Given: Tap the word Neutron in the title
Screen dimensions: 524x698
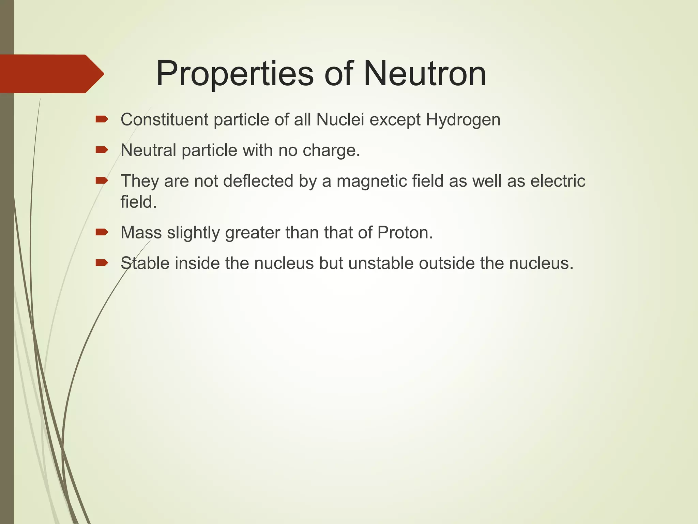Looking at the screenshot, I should (x=425, y=74).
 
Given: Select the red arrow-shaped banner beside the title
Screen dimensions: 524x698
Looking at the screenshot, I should (x=51, y=74).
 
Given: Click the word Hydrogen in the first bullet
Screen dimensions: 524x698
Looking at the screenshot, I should (x=463, y=120).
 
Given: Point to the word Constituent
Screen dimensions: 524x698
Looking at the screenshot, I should (x=164, y=120).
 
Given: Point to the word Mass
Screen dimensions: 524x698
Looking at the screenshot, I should (x=141, y=233).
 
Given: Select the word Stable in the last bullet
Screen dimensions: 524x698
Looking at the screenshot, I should (x=145, y=263).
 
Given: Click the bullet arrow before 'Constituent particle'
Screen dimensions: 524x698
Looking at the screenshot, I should (x=102, y=119).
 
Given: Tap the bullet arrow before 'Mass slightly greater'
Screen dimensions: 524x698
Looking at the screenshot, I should (x=102, y=232).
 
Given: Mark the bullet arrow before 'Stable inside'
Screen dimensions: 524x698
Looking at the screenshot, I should (x=102, y=262).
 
